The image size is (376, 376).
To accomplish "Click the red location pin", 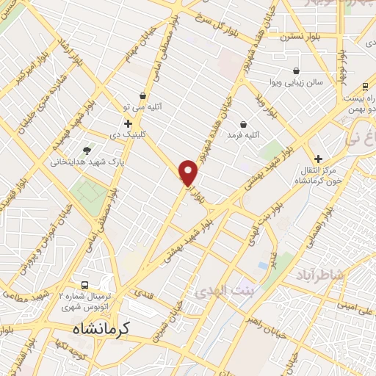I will [189, 172].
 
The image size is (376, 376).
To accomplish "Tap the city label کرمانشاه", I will [101, 330].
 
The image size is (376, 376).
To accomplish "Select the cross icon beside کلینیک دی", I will [128, 123].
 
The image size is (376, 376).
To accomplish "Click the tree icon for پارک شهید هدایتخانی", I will [87, 151].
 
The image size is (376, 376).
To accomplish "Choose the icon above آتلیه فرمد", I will [243, 124].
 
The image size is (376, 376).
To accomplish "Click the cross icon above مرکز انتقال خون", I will [318, 158].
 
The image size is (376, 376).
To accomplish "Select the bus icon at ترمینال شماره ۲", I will [84, 285].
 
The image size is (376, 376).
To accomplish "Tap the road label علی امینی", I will [353, 311].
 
